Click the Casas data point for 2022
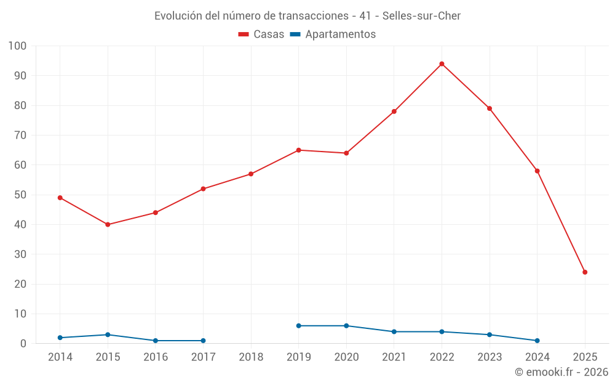tap(442, 64)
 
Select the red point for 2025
tap(585, 272)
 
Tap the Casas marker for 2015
tap(108, 225)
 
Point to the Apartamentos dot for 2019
tap(299, 326)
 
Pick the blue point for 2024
tap(537, 341)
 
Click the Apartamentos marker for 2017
tap(203, 341)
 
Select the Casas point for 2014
tap(60, 198)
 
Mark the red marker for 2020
tap(346, 153)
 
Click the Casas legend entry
tap(261, 34)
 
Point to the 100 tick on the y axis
tap(18, 46)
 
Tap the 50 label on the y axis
tap(21, 195)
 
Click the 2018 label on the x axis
tap(251, 357)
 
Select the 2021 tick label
tap(394, 357)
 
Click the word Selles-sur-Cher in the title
tap(421, 16)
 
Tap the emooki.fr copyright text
tap(561, 372)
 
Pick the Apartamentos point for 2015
tap(108, 334)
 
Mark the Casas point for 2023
tap(490, 108)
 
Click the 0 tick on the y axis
tap(24, 344)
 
